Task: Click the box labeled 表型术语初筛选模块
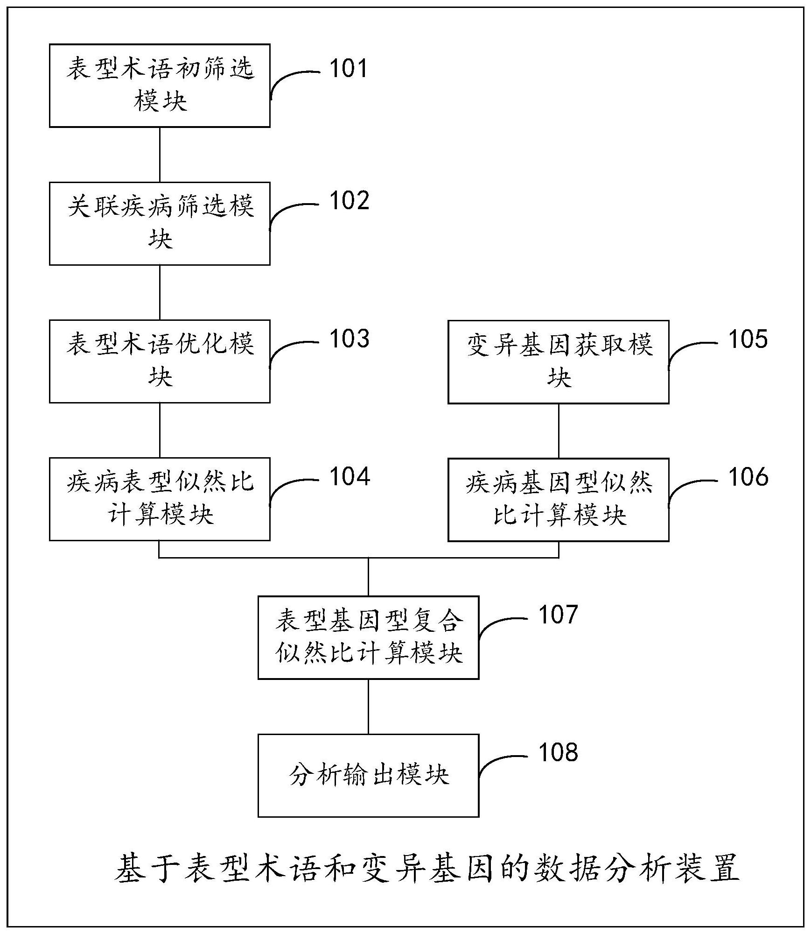tap(160, 85)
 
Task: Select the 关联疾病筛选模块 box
tap(160, 223)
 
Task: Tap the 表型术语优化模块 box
tap(160, 361)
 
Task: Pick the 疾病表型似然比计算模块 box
tap(160, 499)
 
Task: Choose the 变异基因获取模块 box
tap(558, 361)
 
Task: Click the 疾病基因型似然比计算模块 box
tap(558, 499)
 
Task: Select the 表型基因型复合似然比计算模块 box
tap(368, 637)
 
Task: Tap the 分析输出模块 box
tap(368, 775)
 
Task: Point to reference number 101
tap(349, 69)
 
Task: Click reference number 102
tap(349, 201)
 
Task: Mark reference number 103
tap(349, 339)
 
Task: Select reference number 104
tap(350, 477)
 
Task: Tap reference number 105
tap(748, 339)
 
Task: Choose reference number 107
tap(558, 615)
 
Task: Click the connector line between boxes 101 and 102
tap(160, 154)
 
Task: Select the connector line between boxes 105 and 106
tap(559, 431)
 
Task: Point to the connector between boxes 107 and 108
tap(368, 706)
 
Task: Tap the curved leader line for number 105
tap(686, 349)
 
